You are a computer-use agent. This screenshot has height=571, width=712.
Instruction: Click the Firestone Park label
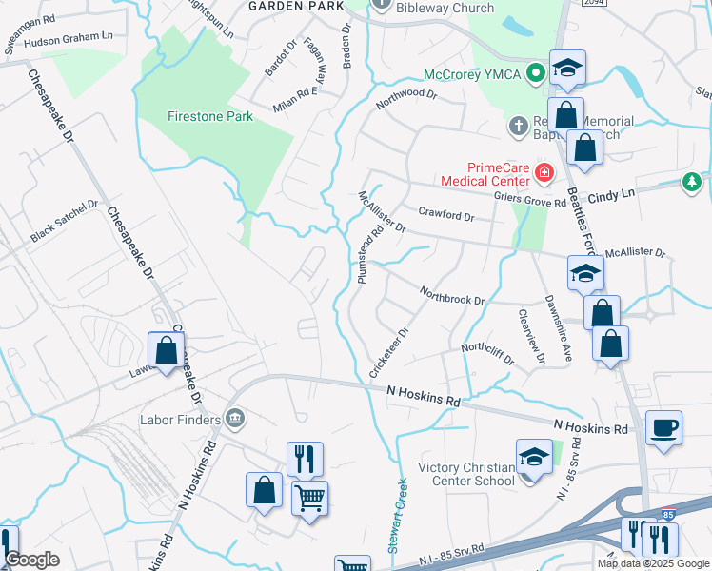click(210, 116)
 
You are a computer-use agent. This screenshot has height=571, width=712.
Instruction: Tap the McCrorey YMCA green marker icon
click(536, 70)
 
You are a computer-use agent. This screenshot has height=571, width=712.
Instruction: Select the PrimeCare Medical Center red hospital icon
click(544, 172)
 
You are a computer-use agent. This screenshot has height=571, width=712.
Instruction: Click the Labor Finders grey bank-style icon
click(234, 418)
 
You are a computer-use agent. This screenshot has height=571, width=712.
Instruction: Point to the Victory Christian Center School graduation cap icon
click(534, 457)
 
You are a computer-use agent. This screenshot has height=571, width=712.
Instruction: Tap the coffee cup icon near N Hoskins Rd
click(663, 427)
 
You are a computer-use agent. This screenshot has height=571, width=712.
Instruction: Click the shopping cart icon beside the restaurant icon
click(310, 496)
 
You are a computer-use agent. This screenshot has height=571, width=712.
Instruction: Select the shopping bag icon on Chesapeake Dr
click(166, 348)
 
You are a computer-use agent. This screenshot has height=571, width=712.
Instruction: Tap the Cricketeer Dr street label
click(389, 351)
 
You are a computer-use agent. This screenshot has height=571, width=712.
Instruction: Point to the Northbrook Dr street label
click(452, 297)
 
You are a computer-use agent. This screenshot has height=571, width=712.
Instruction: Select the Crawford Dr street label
click(445, 216)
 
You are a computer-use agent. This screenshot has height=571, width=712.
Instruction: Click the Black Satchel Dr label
click(64, 221)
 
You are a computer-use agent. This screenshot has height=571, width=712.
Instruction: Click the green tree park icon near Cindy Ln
click(692, 183)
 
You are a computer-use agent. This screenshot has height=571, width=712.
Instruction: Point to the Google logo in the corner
click(32, 560)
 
